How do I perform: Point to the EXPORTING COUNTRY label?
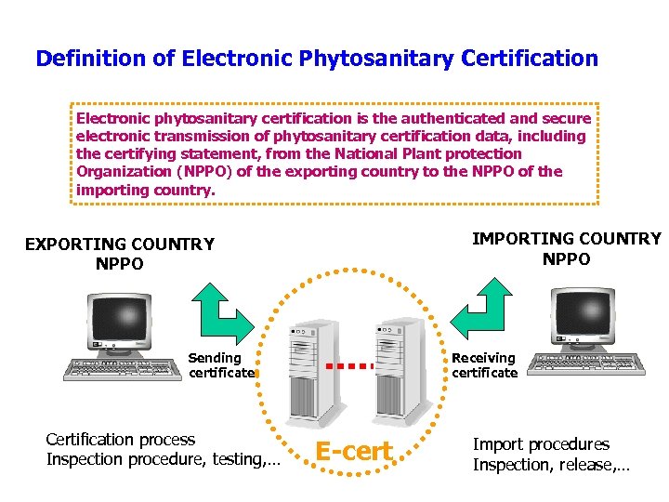coord(119,244)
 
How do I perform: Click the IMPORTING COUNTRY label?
coord(566,239)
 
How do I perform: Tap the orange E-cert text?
coord(354,452)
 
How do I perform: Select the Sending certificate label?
coord(221,365)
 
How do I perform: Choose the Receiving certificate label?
coord(484,365)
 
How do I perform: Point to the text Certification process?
coord(121,440)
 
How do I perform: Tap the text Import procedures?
coord(542,444)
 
